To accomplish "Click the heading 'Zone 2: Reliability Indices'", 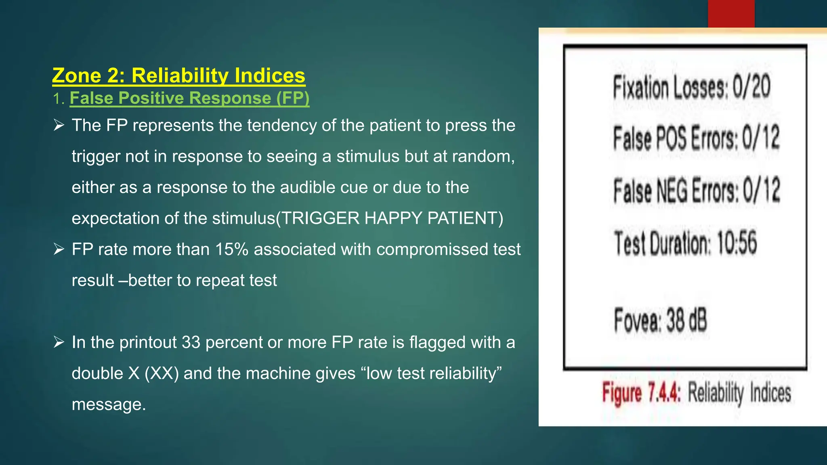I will click(x=178, y=75).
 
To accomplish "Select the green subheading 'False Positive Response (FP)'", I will click(x=189, y=98).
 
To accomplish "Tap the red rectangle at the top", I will click(x=731, y=14).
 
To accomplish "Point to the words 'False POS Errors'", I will click(x=675, y=138).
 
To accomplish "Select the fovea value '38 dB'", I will click(x=686, y=320).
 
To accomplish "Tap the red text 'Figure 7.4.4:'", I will click(x=641, y=393).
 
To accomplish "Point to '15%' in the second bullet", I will click(x=231, y=249).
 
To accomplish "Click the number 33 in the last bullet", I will click(x=191, y=342).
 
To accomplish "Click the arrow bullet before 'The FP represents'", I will click(x=59, y=126).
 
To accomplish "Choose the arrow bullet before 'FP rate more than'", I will click(x=59, y=249).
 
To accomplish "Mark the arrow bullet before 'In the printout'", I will click(x=59, y=342).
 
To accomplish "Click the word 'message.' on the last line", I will click(x=109, y=404).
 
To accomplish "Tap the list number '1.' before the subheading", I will click(x=59, y=98).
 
